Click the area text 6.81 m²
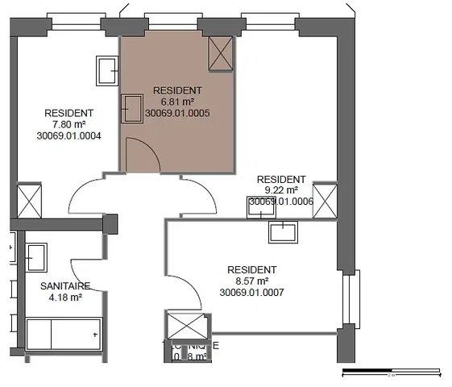coord(177,102)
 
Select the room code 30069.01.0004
coord(68,136)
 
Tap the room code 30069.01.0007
coord(251,293)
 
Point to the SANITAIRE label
coord(64,286)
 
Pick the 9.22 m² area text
coord(280,190)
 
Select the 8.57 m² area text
coord(251,281)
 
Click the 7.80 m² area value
coord(68,125)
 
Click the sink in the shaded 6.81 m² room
coord(131,107)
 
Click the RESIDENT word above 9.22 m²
coord(280,179)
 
